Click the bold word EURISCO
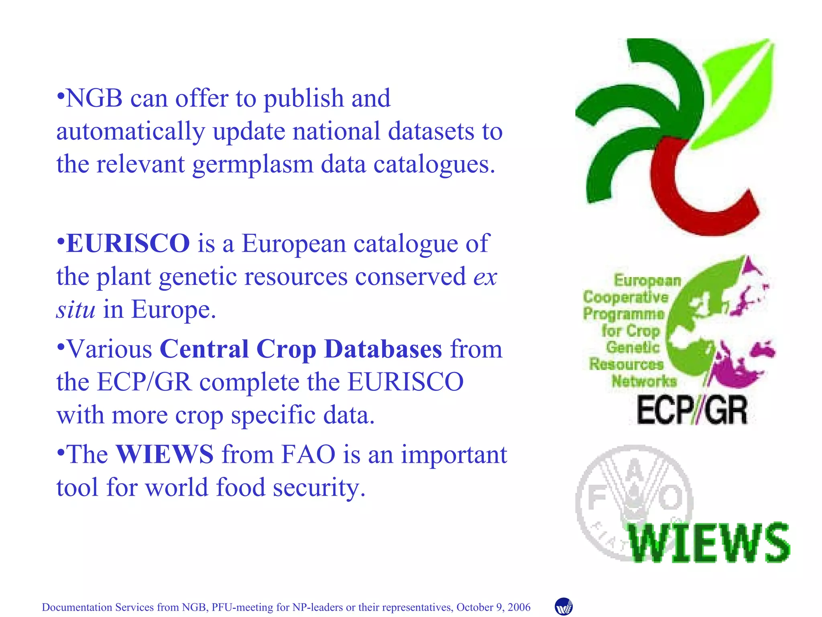tap(128, 243)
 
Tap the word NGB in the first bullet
tap(94, 98)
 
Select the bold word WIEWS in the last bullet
tap(165, 454)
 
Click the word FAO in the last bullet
tap(308, 454)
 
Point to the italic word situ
tap(76, 309)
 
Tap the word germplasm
tap(253, 165)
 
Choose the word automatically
tap(130, 132)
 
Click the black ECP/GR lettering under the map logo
tap(692, 411)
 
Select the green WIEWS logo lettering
tap(709, 543)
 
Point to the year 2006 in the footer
tap(519, 607)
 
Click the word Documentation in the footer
tap(77, 607)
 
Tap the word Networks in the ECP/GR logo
tap(644, 381)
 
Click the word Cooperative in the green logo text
tap(625, 297)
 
